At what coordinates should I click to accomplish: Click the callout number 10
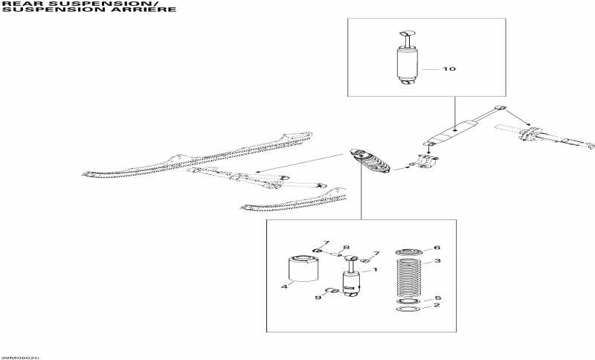coord(448,69)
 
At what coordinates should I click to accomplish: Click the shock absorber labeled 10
coord(407,64)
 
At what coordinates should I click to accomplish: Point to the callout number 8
coord(346,247)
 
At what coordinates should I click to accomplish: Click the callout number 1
coord(376,269)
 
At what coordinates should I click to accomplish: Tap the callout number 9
coord(318,298)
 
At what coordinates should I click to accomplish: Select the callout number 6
coord(437,248)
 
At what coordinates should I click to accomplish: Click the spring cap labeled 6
coord(408,251)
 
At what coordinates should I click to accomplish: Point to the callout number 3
coord(438,261)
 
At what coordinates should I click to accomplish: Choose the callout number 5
coord(438,298)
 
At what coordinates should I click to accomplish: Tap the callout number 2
coord(437,306)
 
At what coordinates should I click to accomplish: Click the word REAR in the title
coord(17,4)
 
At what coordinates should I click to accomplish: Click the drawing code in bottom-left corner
coord(20,357)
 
